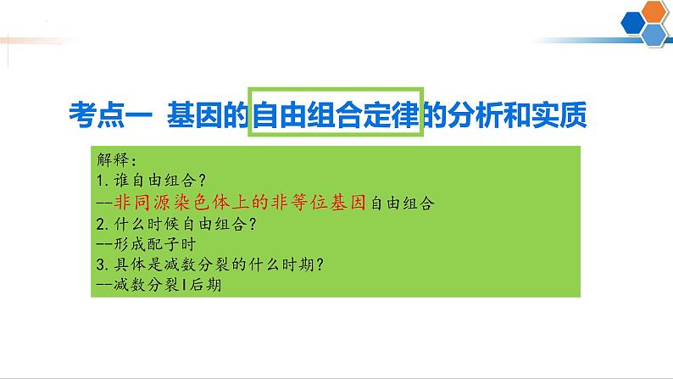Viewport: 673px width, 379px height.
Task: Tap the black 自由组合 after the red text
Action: click(401, 203)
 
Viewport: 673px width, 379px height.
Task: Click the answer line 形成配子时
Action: click(152, 245)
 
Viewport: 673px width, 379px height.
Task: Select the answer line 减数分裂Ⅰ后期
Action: click(160, 287)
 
